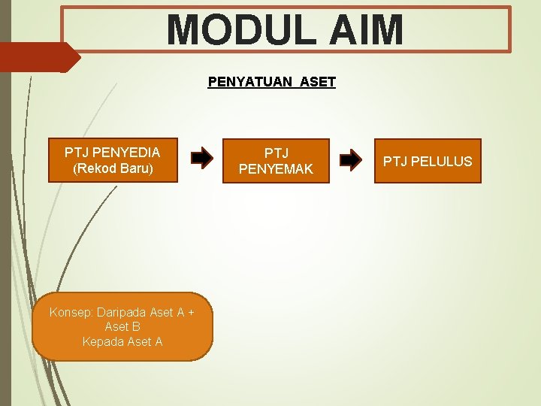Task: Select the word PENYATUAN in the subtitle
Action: [250, 81]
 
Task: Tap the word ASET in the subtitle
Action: [317, 81]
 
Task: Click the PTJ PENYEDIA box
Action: [113, 160]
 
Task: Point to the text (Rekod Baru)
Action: [113, 168]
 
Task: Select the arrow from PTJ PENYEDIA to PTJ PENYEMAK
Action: [201, 159]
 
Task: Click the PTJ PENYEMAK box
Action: [276, 161]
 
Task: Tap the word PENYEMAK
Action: [276, 169]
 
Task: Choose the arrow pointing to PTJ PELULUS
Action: [350, 159]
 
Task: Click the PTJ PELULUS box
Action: [428, 161]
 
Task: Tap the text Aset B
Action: [122, 326]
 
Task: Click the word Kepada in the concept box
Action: [104, 341]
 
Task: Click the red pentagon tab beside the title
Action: [38, 57]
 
